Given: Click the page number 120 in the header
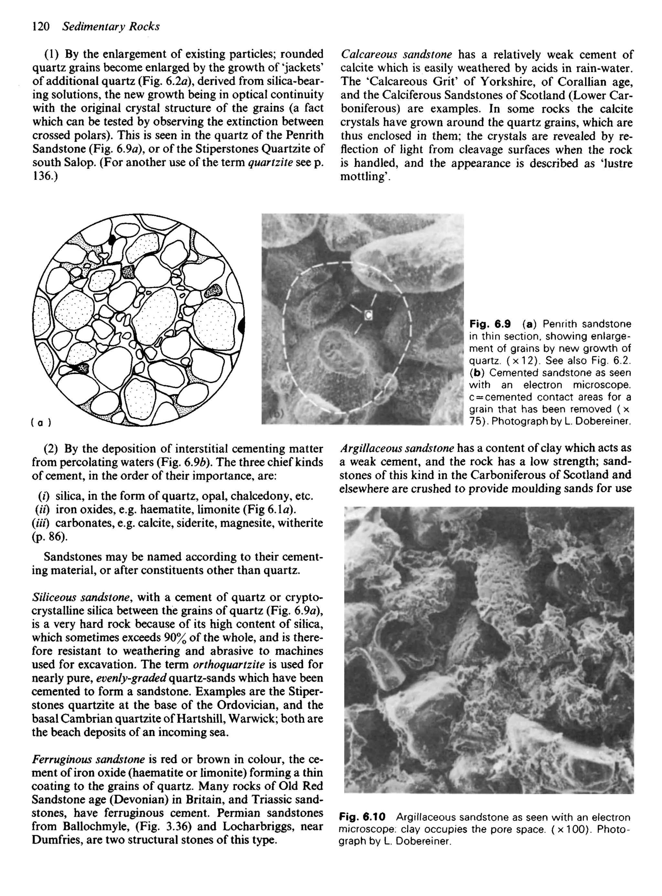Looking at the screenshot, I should click(x=40, y=27).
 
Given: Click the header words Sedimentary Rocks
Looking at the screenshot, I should click(x=111, y=27).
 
